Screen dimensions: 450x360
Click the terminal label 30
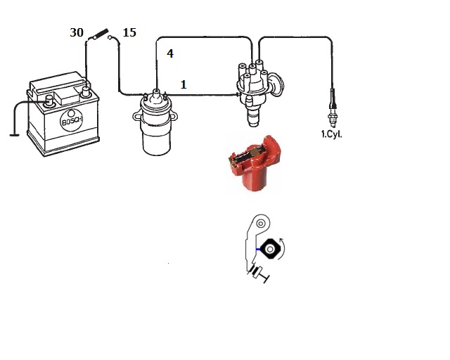click(x=77, y=33)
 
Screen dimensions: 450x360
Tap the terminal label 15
click(x=129, y=33)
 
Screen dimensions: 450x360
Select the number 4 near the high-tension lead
click(x=170, y=53)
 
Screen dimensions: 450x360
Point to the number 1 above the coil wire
click(x=184, y=84)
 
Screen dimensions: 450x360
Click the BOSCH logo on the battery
click(x=72, y=120)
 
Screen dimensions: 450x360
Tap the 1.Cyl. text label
click(x=332, y=134)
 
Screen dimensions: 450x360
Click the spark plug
click(x=333, y=108)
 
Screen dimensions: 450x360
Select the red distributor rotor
click(x=254, y=162)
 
